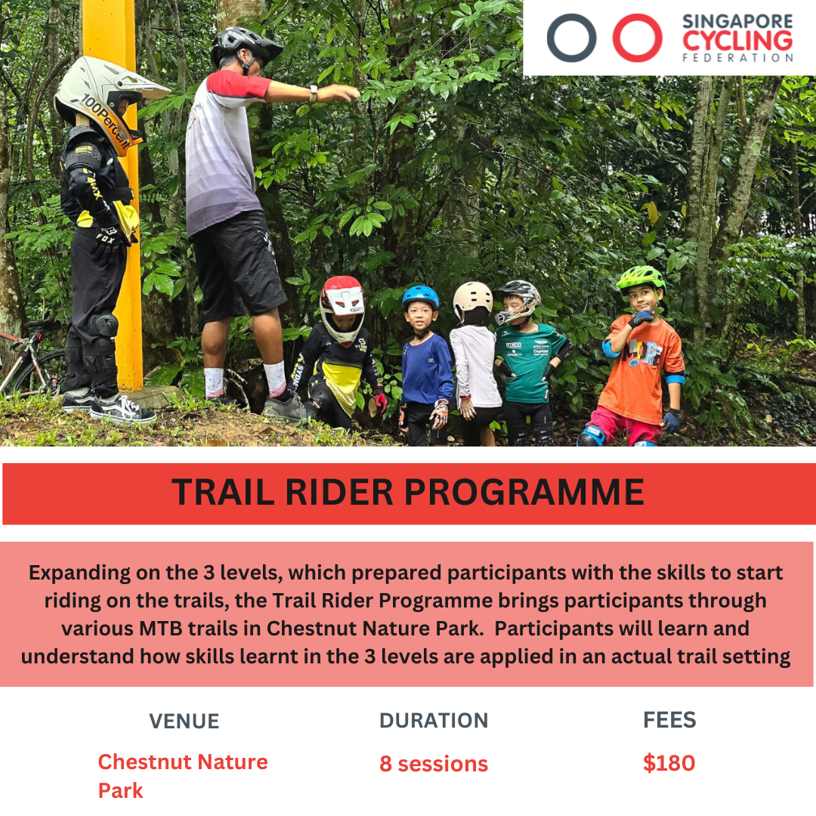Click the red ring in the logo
coord(615,38)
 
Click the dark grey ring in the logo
coord(550,38)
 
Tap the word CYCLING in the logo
coord(737,41)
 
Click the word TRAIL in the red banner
coord(223,492)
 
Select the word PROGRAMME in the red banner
coord(524,492)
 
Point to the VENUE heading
coord(184,722)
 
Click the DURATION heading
coord(434,721)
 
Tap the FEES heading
coord(669,720)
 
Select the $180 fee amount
coord(669,763)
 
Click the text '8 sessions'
coord(434,764)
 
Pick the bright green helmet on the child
coord(641,278)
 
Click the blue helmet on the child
coord(420,297)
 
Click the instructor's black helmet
coord(245,45)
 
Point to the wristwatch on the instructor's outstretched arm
coord(313,93)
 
